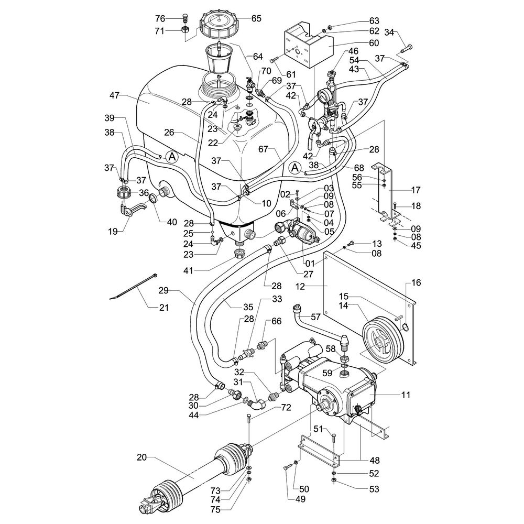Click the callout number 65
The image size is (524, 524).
[256, 18]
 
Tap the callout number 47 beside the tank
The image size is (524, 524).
[116, 95]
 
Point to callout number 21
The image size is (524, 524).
[163, 308]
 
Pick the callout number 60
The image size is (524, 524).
[358, 43]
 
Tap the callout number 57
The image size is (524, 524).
[315, 317]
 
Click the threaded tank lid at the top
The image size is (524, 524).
[217, 24]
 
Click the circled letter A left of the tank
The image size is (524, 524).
[172, 156]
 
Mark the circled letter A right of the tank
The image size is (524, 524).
[295, 167]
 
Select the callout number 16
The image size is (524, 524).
[416, 283]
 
